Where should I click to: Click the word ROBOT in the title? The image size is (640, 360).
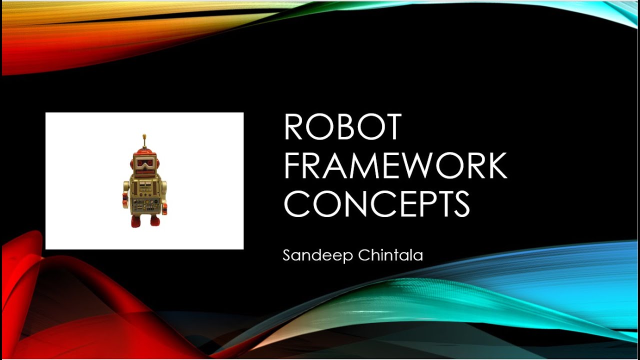click(342, 127)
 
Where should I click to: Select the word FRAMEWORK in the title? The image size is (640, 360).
click(395, 166)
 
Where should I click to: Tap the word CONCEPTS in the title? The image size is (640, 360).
click(376, 205)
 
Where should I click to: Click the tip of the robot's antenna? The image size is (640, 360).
click(144, 135)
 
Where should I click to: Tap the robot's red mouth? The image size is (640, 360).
click(144, 172)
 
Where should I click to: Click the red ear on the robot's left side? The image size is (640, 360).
click(131, 163)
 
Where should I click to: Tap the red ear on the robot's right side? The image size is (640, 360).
click(157, 163)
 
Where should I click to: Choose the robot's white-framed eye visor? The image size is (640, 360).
click(144, 163)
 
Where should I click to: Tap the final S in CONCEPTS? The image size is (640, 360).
click(459, 205)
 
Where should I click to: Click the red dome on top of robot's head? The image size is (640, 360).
click(144, 151)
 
